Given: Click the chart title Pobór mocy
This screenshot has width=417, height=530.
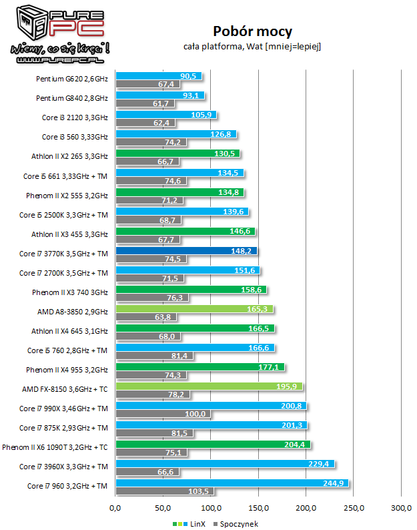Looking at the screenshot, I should click(252, 31).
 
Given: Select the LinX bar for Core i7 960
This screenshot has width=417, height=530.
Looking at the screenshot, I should click(232, 483).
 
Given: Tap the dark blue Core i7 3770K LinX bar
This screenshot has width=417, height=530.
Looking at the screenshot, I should click(187, 251).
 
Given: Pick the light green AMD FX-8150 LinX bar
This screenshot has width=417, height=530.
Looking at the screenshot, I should click(210, 386).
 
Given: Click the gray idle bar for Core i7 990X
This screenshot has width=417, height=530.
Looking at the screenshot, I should click(163, 415).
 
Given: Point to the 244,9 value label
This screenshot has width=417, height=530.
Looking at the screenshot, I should click(334, 483).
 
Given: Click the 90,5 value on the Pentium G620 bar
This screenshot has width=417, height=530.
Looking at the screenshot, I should click(190, 76).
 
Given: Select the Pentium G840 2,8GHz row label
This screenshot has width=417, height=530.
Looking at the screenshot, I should click(71, 98).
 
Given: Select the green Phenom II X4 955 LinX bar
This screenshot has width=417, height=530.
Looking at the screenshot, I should click(200, 366).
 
